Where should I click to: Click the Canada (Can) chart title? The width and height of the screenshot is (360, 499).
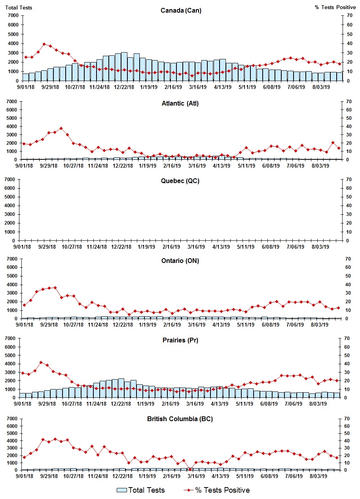(x=181, y=11)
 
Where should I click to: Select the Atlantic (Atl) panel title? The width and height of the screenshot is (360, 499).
(x=180, y=104)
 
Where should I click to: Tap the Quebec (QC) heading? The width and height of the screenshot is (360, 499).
(x=180, y=181)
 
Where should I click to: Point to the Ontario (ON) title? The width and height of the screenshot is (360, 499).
(x=180, y=261)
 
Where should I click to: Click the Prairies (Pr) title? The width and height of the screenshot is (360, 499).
(x=180, y=340)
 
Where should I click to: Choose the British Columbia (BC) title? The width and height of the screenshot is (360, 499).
(x=180, y=419)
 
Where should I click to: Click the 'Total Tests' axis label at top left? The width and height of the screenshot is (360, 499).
(x=19, y=8)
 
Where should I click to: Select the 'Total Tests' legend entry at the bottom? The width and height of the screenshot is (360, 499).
(x=141, y=490)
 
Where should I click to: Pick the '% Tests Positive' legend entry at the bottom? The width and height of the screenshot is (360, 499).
(x=216, y=490)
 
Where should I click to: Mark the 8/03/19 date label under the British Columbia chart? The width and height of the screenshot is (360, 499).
(x=320, y=477)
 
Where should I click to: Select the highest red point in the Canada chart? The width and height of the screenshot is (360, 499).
(x=44, y=44)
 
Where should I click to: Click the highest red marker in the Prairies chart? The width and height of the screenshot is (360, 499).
(x=41, y=362)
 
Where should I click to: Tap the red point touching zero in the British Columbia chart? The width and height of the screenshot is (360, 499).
(x=190, y=469)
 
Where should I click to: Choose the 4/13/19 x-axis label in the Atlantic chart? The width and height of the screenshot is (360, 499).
(x=222, y=166)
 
